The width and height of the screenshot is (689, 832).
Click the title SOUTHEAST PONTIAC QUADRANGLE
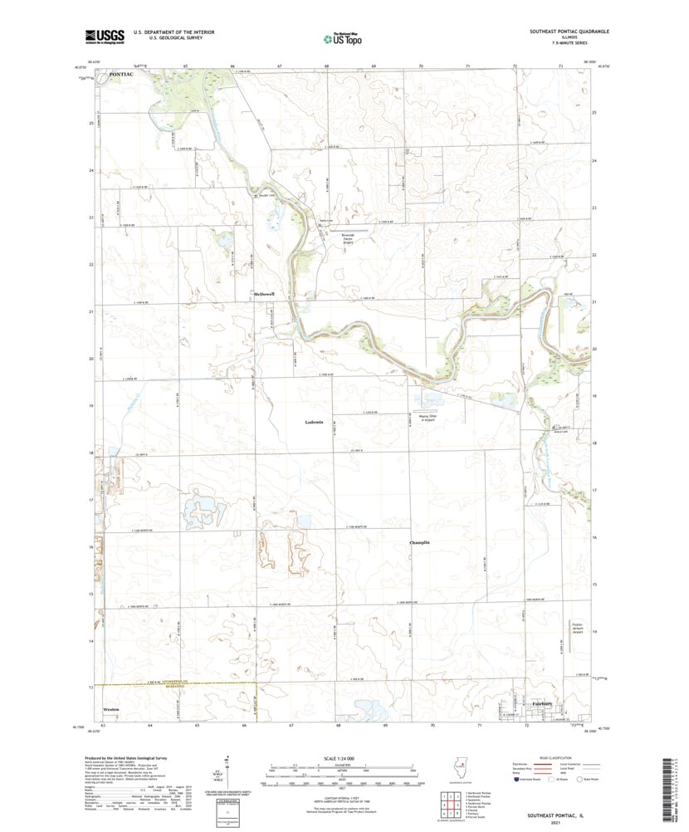(x=569, y=32)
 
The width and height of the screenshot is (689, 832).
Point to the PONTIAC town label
(x=120, y=76)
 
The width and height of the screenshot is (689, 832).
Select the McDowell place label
(x=264, y=294)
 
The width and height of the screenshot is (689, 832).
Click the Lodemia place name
(x=319, y=423)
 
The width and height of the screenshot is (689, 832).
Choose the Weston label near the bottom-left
(x=110, y=710)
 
